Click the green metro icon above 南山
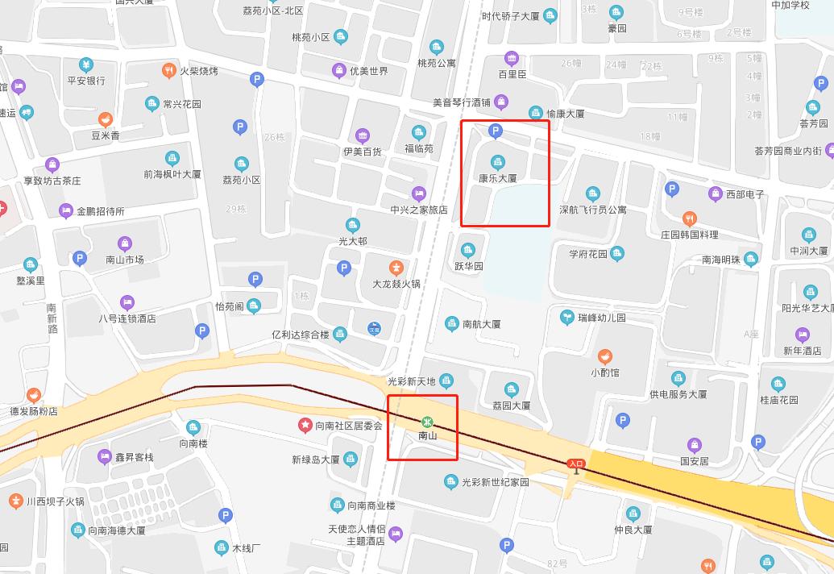pos(427,422)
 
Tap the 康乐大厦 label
pos(497,178)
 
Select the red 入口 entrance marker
pos(575,464)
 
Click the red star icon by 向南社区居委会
pos(305,424)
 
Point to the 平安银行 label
pos(86,81)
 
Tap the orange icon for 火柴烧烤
pos(169,70)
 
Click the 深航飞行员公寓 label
pos(592,210)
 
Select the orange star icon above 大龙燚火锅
pos(396,268)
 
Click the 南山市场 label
pos(124,260)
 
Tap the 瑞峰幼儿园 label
pos(601,318)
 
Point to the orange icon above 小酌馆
pos(605,356)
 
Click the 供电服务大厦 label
pos(678,394)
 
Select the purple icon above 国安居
pos(694,445)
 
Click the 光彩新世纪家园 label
pos(495,482)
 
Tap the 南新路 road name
pos(52,318)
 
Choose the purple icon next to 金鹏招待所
pos(66,211)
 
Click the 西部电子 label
pos(745,194)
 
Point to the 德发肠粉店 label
pos(33,411)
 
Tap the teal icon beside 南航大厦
pos(452,323)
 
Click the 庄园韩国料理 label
pos(689,235)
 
